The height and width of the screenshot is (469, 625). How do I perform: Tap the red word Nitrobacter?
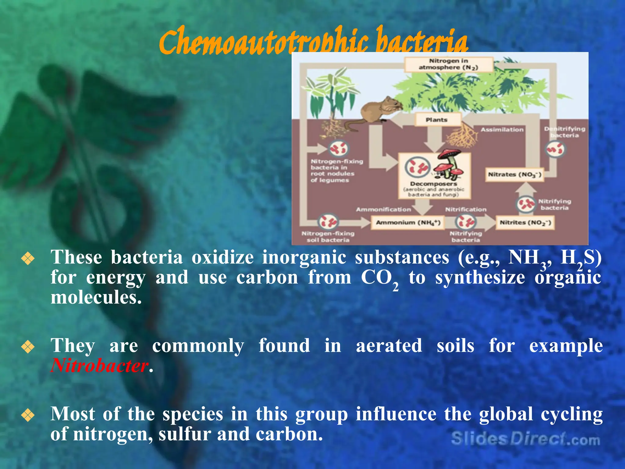coord(99,365)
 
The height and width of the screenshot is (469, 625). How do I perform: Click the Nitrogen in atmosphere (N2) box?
coord(448,64)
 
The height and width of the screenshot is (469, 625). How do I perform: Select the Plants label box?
coord(437,120)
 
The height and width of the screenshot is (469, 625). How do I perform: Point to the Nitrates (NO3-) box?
coord(515,175)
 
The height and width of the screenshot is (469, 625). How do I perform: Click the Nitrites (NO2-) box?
coord(525,223)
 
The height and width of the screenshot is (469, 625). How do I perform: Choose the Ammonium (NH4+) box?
coord(408,222)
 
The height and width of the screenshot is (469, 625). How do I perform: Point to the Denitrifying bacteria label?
coord(565,132)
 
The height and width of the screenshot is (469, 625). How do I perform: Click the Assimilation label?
coord(502,129)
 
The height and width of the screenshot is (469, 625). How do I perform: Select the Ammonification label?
coord(383,209)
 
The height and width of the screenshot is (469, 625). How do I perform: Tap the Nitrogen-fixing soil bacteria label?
coord(328,237)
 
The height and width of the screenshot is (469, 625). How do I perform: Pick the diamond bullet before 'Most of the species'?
coord(28,415)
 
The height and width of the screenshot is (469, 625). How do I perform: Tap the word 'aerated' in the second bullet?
coord(389,346)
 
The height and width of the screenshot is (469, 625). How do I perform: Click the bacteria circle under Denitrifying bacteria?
coord(555,150)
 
